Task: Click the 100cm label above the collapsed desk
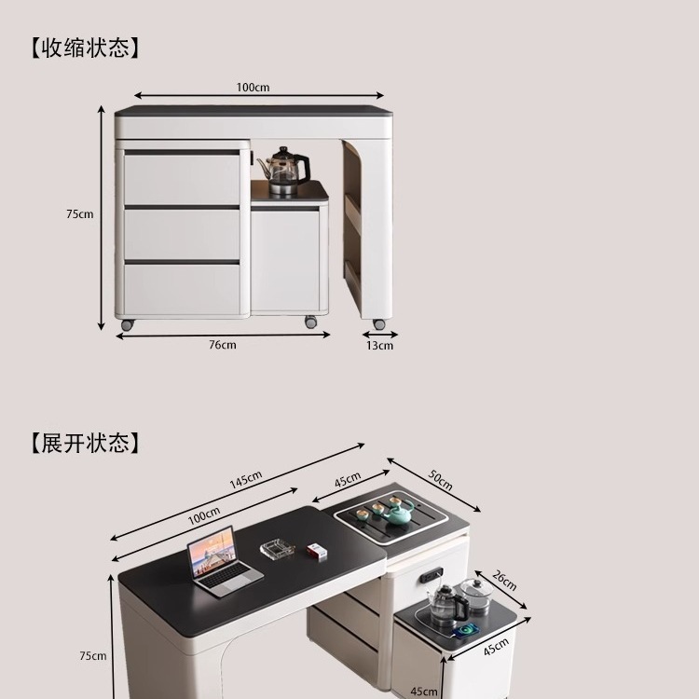253,88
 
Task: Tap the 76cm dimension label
223,345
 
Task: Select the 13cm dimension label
379,346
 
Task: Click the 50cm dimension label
440,480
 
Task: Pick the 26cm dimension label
504,581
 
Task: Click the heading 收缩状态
84,48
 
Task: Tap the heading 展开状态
84,442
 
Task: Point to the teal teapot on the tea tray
399,512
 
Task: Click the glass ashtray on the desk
277,549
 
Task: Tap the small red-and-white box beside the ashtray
318,552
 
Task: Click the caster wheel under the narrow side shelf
379,324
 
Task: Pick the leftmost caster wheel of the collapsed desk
127,324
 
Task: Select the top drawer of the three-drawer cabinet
183,178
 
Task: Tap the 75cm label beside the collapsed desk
79,214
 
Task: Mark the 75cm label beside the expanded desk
92,656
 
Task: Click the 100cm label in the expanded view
204,514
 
